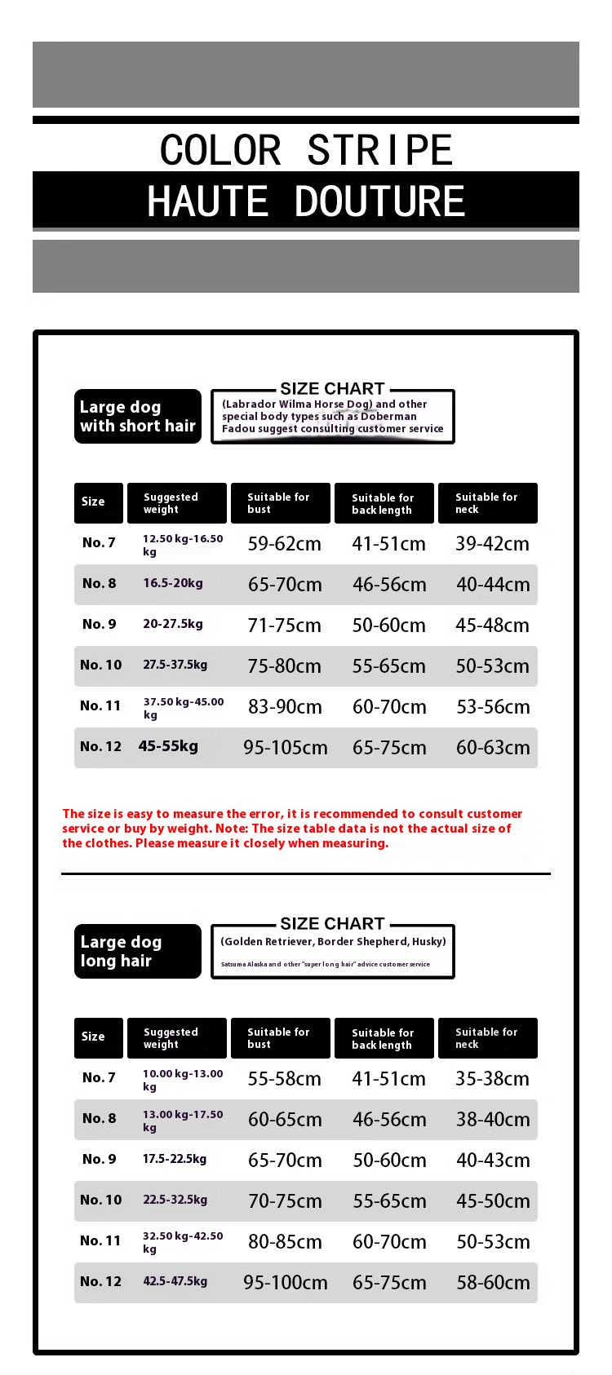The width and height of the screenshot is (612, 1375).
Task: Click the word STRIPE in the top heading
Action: (379, 150)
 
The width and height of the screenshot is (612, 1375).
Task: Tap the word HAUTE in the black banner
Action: (208, 201)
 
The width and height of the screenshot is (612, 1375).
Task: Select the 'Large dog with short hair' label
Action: (138, 417)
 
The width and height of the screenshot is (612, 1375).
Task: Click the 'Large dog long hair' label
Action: (137, 951)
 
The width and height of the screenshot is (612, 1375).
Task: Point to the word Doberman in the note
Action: (388, 416)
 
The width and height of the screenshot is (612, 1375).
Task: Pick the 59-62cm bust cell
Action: (284, 544)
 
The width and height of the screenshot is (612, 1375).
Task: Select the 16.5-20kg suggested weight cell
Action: (173, 583)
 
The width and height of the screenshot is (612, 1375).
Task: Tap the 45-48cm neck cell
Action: (492, 626)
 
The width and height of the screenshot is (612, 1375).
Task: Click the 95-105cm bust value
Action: (286, 748)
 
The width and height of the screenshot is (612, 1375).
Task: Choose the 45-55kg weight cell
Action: (168, 746)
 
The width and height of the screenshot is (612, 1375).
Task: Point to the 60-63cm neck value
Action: (493, 748)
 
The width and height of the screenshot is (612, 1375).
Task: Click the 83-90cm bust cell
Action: (285, 707)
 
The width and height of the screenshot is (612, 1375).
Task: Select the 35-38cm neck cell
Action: (492, 1079)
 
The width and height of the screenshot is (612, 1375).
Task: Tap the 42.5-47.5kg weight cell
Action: (175, 1281)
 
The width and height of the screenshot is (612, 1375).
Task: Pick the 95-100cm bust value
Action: (286, 1283)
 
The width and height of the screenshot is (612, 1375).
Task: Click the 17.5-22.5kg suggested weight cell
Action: (175, 1159)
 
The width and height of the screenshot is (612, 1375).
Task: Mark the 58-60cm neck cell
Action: (493, 1283)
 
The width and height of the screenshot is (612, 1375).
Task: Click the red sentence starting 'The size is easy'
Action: (292, 828)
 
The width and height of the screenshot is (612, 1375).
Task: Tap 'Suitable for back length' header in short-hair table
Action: (383, 503)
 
